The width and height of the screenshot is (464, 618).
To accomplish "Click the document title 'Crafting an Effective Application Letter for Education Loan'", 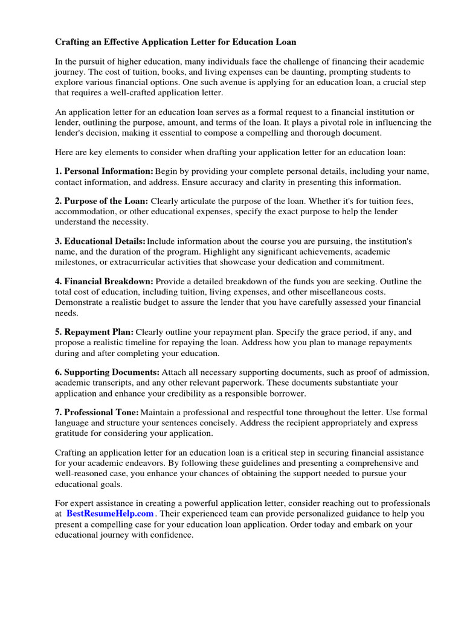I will (x=176, y=42).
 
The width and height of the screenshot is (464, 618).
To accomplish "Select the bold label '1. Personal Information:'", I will (x=104, y=171).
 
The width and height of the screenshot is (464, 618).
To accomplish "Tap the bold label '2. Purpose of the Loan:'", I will (x=101, y=201).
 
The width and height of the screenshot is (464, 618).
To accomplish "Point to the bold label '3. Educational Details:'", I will (x=100, y=241).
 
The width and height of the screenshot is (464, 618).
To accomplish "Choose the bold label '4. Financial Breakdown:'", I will (x=105, y=281).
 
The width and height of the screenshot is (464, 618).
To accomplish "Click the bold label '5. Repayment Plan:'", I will (x=94, y=332).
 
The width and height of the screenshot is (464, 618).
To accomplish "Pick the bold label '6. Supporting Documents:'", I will (x=108, y=372).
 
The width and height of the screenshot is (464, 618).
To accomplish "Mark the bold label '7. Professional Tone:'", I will (x=97, y=412).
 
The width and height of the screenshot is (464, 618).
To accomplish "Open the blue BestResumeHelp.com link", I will (x=110, y=514).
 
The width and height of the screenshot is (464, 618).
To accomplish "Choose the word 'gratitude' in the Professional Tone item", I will (x=74, y=433).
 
